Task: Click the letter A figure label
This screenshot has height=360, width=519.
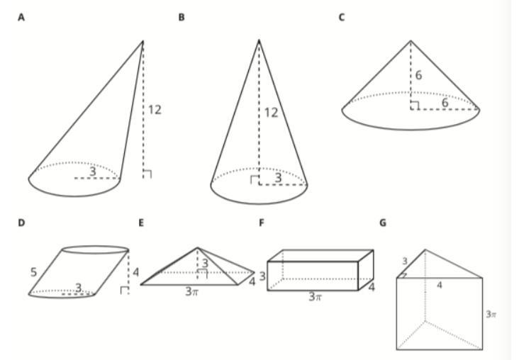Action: coord(21,17)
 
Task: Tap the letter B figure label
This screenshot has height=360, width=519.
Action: coord(182,17)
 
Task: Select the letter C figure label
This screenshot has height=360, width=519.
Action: coord(342,17)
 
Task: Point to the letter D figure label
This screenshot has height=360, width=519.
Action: coord(21,223)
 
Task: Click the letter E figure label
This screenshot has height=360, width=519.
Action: coord(142,223)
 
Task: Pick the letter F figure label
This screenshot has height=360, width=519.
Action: coord(262,223)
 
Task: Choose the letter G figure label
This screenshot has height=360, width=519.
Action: coord(383,223)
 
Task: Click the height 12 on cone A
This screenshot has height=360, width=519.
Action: coord(155,110)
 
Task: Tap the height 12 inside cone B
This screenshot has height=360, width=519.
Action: coord(271,113)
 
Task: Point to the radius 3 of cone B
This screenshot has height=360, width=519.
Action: coord(278,179)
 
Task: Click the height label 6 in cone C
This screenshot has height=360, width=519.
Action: coord(419,75)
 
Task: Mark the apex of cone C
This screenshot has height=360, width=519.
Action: coord(411,40)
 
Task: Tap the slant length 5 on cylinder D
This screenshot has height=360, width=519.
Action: coord(33,270)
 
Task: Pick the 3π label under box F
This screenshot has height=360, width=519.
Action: coord(316,297)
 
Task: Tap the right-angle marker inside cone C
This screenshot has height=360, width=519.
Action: coord(414,106)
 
